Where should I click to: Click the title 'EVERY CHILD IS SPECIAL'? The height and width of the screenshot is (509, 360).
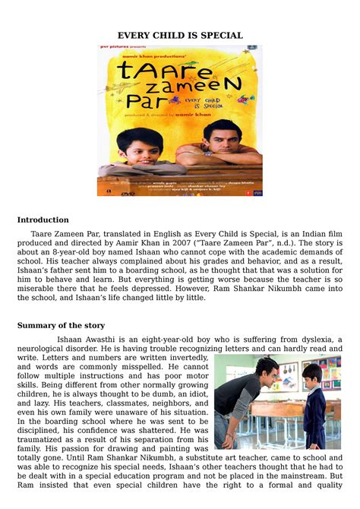point(179,36)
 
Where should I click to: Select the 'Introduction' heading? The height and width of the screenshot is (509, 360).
point(43,220)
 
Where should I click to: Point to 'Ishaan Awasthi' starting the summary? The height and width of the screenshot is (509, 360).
point(87,339)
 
